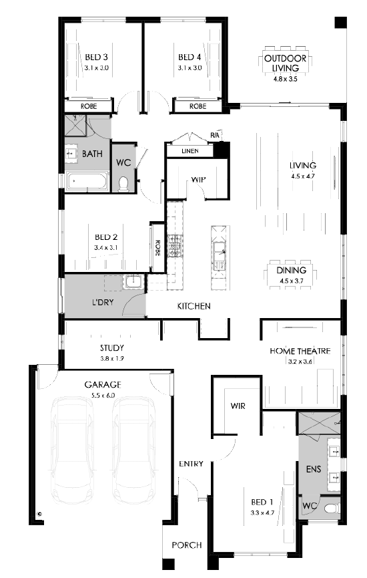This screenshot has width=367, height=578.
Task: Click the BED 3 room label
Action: point(96,57)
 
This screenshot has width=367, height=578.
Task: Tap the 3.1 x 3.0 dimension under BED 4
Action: point(190,68)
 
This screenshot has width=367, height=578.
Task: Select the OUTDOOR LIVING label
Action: point(286,63)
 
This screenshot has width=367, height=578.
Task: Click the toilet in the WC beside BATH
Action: point(123,184)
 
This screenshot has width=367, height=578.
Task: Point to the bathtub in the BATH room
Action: point(87,181)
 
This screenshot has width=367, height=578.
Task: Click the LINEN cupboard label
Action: point(190,151)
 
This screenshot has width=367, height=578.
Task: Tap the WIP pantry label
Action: point(198,180)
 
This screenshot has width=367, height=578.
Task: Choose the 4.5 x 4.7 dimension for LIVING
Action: point(302,176)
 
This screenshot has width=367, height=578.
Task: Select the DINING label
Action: point(291,270)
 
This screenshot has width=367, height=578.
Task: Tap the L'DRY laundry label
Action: point(103,302)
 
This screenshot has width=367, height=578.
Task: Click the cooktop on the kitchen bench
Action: point(175,245)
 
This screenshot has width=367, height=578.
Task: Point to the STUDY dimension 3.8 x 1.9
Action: point(112,358)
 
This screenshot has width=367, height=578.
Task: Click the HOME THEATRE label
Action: point(300,351)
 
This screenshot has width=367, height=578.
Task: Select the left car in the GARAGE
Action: point(73,451)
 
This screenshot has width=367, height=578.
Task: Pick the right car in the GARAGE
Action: point(133,451)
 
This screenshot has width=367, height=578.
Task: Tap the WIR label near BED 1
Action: point(238,406)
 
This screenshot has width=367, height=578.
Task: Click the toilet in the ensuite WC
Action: point(333,509)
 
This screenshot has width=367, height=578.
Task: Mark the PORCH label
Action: point(187,545)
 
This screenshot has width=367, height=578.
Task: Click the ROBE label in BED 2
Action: point(157,248)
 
